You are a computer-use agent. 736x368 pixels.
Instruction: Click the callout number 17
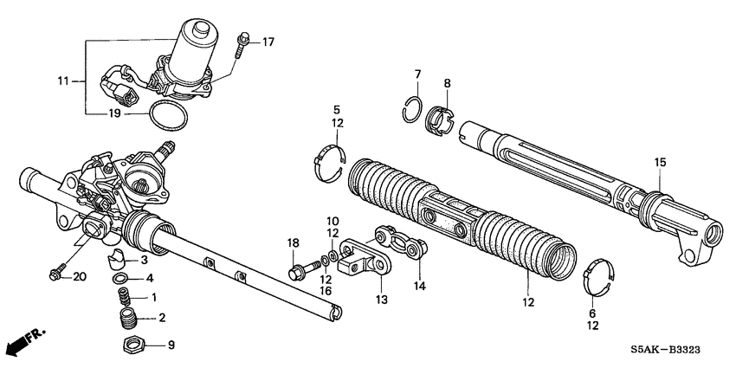[268, 42]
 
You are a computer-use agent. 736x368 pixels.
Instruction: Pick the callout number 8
[447, 83]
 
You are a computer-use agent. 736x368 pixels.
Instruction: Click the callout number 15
[661, 162]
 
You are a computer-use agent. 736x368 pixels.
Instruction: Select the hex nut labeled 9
[132, 344]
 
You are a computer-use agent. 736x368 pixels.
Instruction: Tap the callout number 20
[81, 277]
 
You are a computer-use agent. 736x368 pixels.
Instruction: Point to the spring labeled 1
[127, 299]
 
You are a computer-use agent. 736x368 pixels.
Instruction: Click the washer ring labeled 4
[122, 278]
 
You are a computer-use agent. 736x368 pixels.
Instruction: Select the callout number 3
[145, 260]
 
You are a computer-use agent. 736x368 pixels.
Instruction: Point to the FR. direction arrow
[23, 343]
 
